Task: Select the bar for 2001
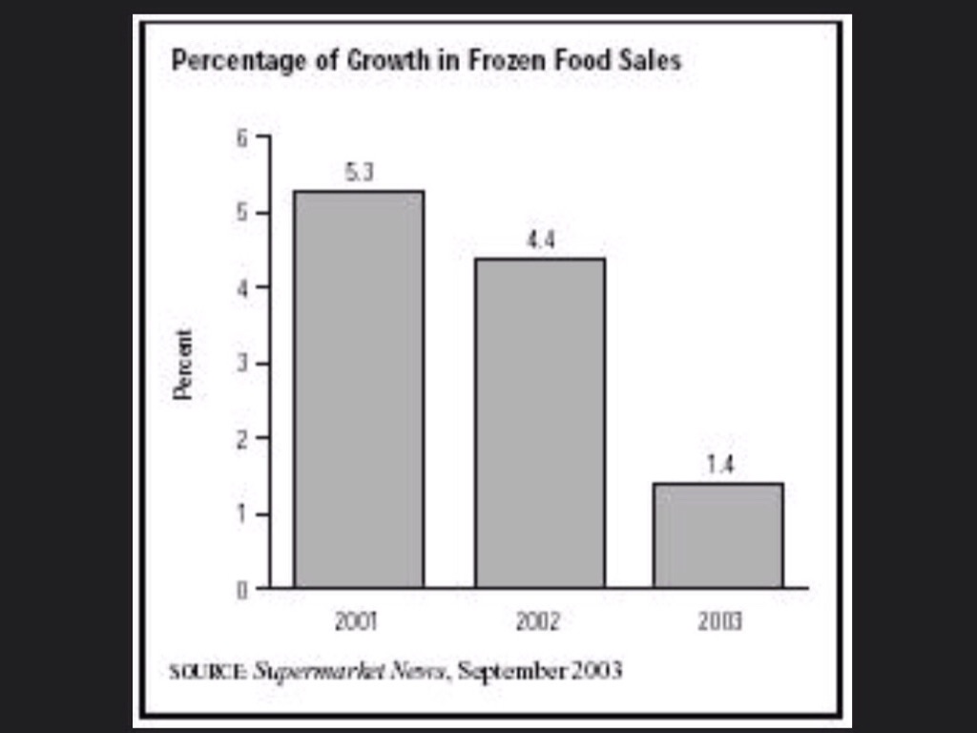(359, 389)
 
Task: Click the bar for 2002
(540, 423)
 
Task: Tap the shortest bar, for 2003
(718, 535)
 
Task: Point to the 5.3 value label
(359, 175)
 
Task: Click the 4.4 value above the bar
(540, 241)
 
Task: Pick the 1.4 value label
(719, 467)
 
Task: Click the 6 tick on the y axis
(241, 137)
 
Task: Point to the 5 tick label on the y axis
(241, 212)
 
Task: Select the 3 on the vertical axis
(241, 363)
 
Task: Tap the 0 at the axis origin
(241, 590)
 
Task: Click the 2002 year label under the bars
(538, 622)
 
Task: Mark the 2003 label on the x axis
(719, 622)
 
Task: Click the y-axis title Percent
(183, 364)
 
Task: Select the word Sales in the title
(655, 61)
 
